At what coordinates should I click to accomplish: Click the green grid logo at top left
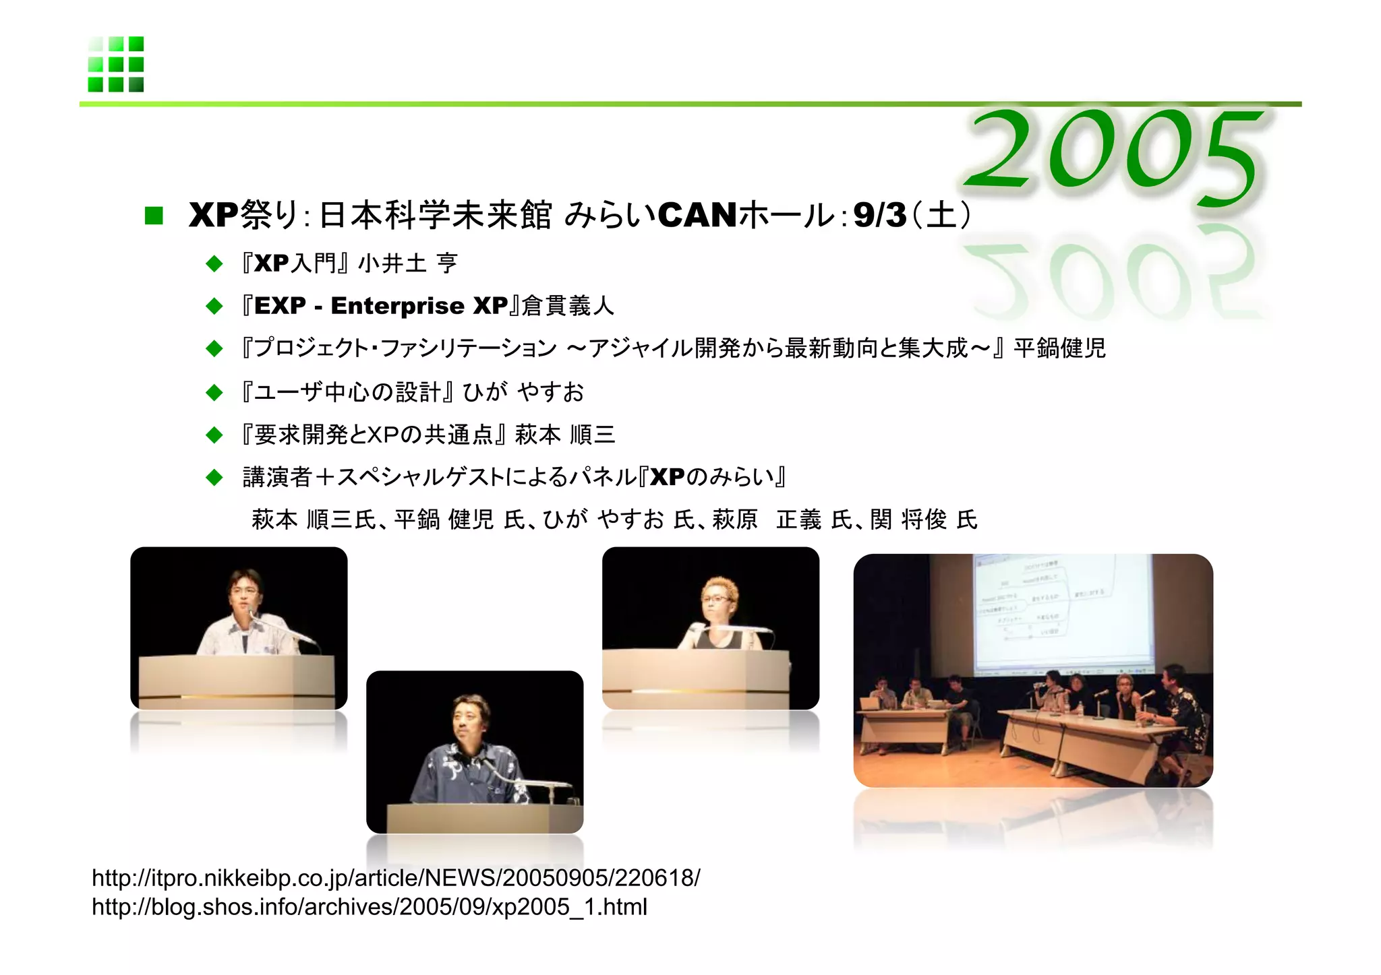pyautogui.click(x=115, y=64)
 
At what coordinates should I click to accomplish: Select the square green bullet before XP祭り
pyautogui.click(x=154, y=216)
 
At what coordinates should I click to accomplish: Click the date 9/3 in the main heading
pyautogui.click(x=879, y=216)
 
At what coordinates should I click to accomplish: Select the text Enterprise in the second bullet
pyautogui.click(x=397, y=306)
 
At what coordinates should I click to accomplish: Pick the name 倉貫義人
pyautogui.click(x=568, y=306)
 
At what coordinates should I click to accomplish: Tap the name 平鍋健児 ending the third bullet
pyautogui.click(x=1059, y=348)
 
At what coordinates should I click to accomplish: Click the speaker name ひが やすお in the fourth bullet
pyautogui.click(x=523, y=391)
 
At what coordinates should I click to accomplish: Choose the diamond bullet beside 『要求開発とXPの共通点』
pyautogui.click(x=214, y=435)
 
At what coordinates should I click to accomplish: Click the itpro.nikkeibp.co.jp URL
pyautogui.click(x=396, y=878)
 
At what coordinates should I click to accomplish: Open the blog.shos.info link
pyautogui.click(x=369, y=907)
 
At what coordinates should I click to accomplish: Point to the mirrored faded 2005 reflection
pyautogui.click(x=1113, y=280)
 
